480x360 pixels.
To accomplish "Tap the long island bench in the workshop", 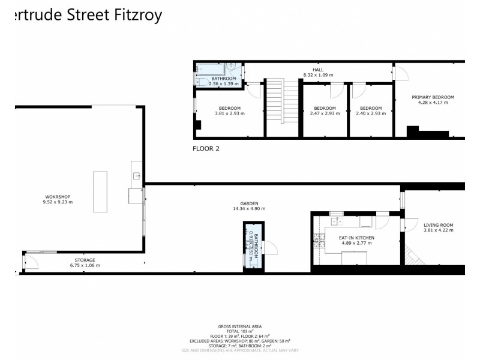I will click(100, 191).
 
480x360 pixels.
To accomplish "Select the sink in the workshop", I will click(136, 176).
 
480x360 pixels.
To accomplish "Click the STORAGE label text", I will click(85, 260).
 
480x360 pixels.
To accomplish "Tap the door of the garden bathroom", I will click(269, 247).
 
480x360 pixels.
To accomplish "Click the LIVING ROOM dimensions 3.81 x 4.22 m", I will click(438, 230).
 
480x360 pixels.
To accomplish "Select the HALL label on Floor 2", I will click(318, 70).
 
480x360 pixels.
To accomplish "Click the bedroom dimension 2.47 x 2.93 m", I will click(325, 113).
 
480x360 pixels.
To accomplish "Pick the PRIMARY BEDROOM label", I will click(433, 97).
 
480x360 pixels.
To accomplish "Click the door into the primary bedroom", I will click(400, 73).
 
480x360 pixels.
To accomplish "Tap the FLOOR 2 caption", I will click(206, 148).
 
